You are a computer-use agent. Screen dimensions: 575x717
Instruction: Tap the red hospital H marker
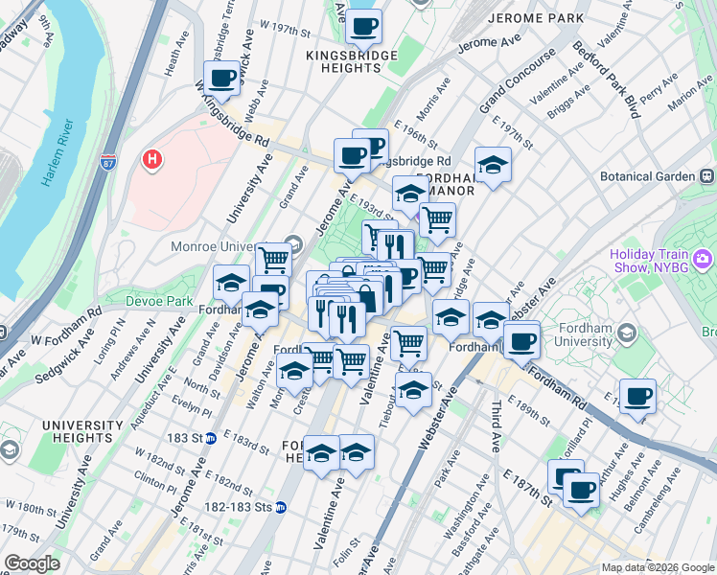[x=151, y=159]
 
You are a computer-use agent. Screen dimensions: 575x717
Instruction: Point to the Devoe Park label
[x=160, y=301]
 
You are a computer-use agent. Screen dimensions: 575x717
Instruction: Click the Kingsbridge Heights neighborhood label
[x=351, y=62]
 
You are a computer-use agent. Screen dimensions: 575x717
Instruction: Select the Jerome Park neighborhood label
[x=535, y=18]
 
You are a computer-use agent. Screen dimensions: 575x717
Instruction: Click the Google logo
[x=32, y=563]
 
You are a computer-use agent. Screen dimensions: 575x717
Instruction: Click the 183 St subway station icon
[x=221, y=439]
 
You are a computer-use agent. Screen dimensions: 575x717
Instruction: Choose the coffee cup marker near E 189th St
[x=637, y=396]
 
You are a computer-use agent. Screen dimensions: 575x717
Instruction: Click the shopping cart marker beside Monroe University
[x=273, y=259]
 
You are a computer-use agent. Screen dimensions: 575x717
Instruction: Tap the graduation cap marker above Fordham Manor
[x=493, y=164]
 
